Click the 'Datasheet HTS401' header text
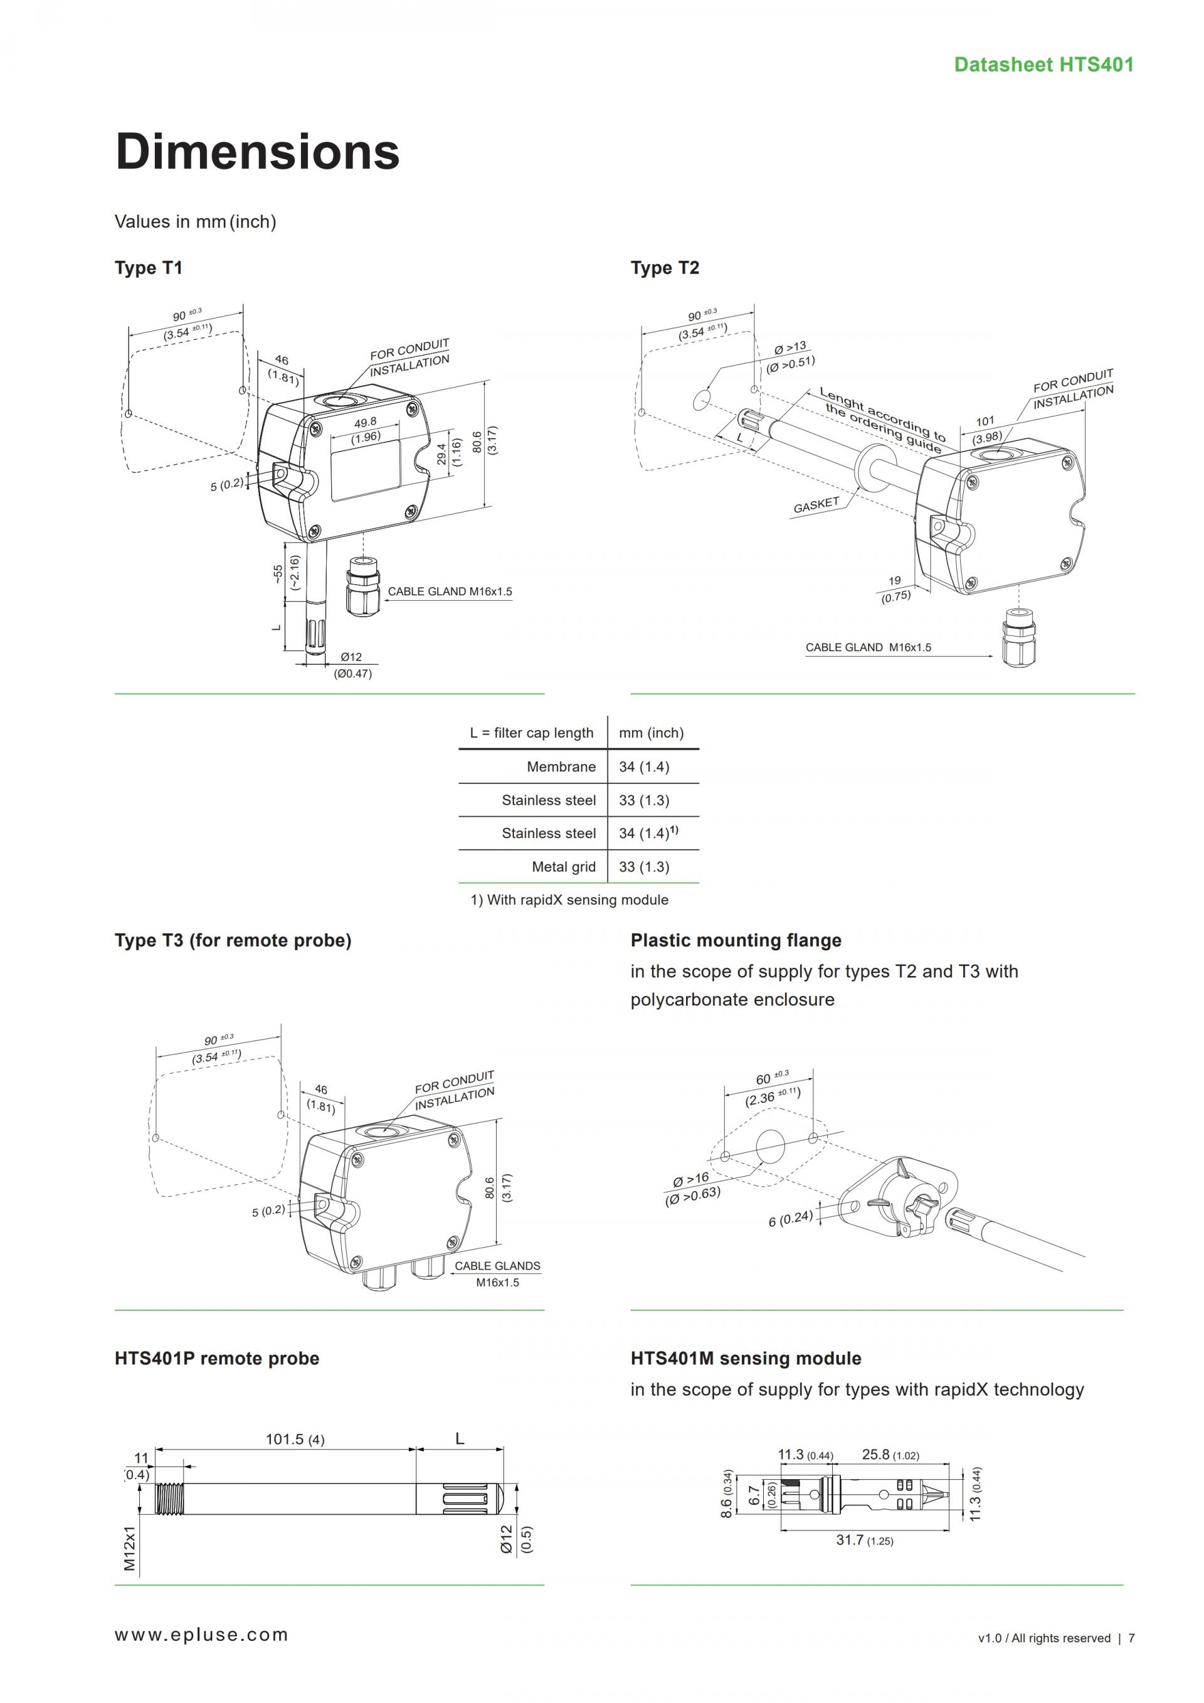[x=1043, y=65]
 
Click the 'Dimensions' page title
[x=257, y=151]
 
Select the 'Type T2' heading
[x=664, y=268]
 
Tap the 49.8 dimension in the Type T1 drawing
[x=365, y=422]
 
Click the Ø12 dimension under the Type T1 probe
[x=351, y=657]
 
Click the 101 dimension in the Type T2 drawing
[x=985, y=422]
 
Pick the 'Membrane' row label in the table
[x=561, y=767]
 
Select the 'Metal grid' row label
[x=564, y=866]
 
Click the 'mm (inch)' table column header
[x=651, y=733]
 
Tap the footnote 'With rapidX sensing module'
[x=569, y=899]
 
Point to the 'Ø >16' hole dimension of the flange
[x=690, y=1179]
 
